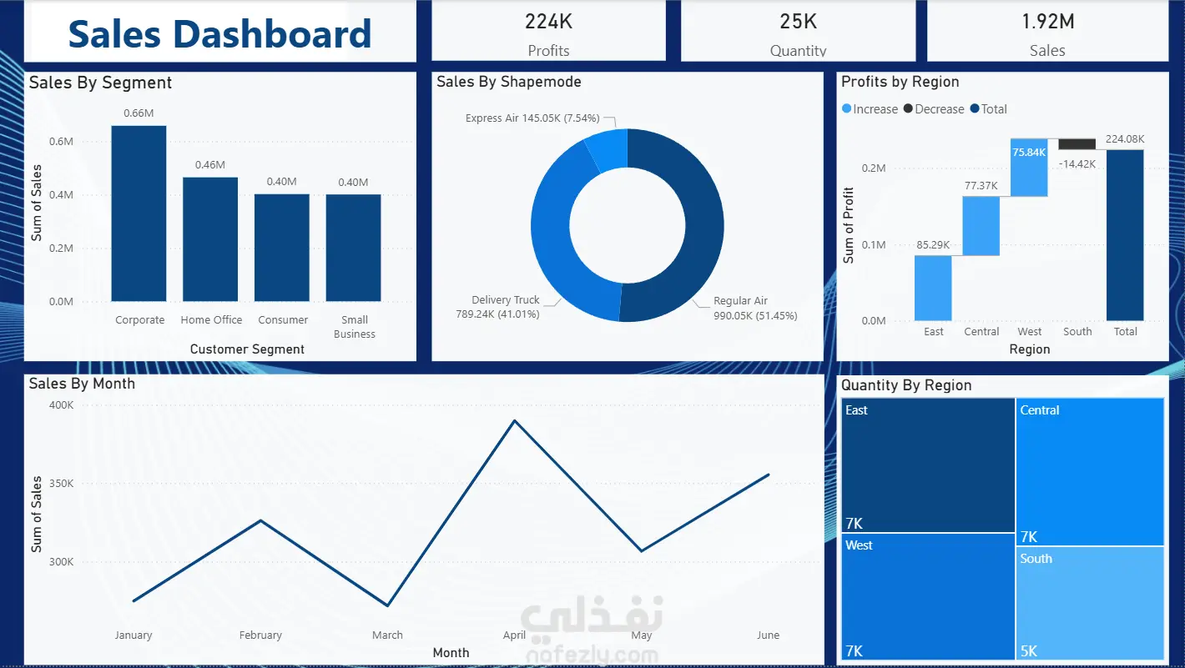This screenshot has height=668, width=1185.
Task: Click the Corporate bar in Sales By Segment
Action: point(139,213)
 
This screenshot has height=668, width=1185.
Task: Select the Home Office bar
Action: point(210,239)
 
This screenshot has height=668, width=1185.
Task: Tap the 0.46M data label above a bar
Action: point(210,165)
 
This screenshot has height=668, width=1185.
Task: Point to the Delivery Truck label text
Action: point(505,299)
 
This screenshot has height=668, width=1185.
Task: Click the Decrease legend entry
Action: point(934,109)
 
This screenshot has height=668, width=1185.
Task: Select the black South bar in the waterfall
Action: point(1077,144)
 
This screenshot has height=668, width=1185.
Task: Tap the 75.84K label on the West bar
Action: point(1029,153)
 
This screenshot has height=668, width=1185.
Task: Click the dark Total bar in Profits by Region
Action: point(1125,235)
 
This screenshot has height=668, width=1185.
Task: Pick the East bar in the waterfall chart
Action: point(933,288)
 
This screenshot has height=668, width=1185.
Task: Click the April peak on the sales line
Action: point(515,421)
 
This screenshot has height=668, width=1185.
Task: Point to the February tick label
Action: point(260,635)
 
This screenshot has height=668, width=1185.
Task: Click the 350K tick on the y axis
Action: point(62,483)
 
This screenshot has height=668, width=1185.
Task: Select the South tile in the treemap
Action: point(1090,603)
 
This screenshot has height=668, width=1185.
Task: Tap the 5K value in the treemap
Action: point(1029,650)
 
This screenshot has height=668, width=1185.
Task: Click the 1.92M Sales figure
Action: point(1047,22)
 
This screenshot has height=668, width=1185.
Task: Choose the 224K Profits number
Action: point(548,22)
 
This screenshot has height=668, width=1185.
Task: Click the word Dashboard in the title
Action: point(272,34)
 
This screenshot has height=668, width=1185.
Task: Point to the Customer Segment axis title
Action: point(247,349)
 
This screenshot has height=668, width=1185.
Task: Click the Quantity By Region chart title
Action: point(906,385)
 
